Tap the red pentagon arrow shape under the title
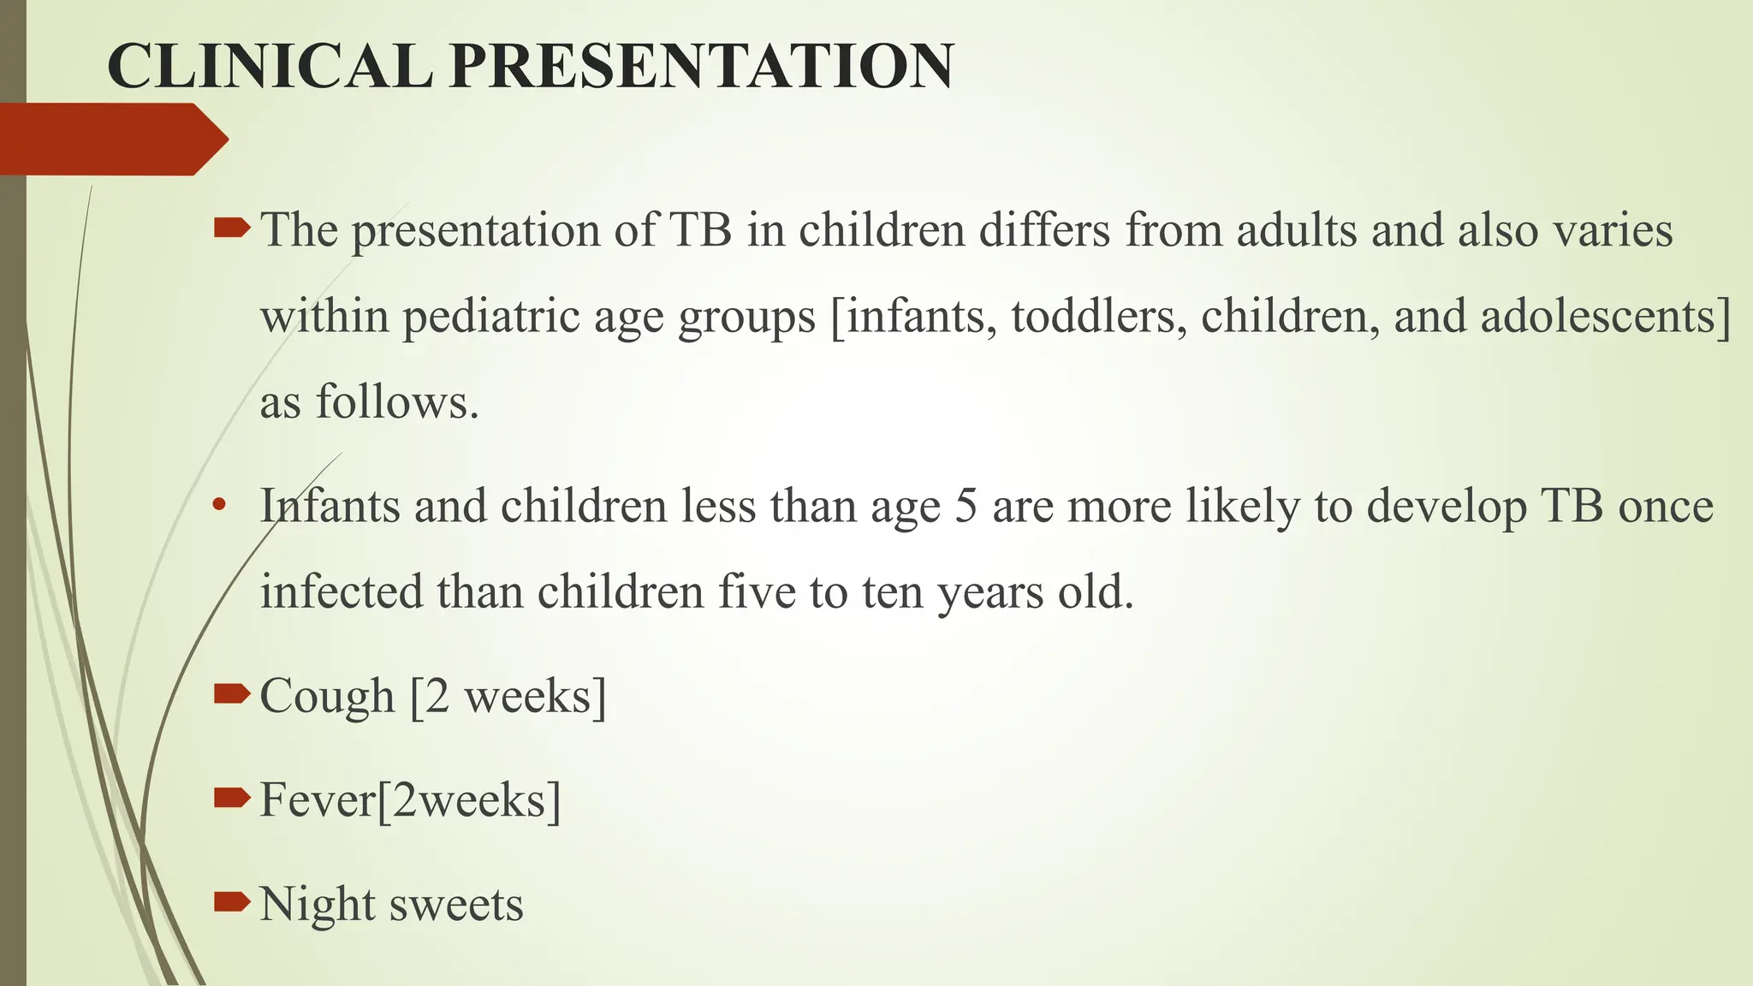click(111, 139)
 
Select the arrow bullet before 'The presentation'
click(231, 228)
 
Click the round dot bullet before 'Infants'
click(220, 504)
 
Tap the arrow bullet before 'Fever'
click(231, 799)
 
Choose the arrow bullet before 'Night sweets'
click(231, 902)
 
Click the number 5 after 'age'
click(966, 506)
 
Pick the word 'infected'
click(342, 591)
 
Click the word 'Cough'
click(326, 696)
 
